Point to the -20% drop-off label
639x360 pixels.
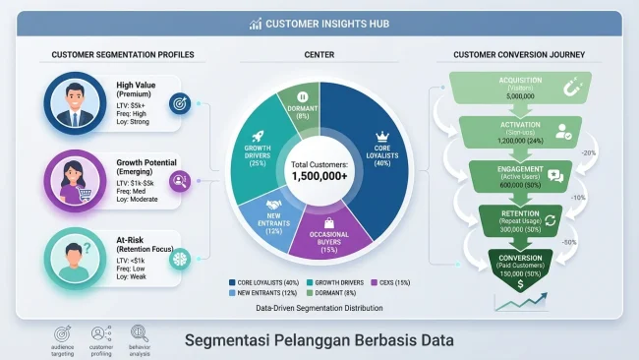(x=587, y=152)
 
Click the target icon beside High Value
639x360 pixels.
(x=178, y=102)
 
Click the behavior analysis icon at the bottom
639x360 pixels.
(x=140, y=334)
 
